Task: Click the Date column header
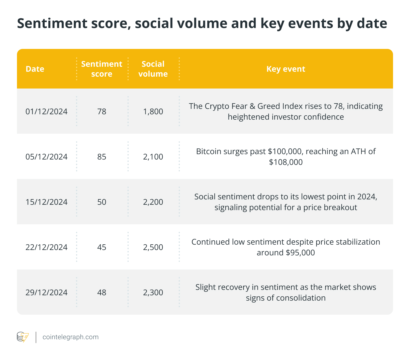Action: pyautogui.click(x=35, y=69)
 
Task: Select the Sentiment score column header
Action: pyautogui.click(x=102, y=69)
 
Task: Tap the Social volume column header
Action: pyautogui.click(x=153, y=69)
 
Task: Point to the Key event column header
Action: pyautogui.click(x=286, y=69)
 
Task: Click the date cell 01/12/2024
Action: pyautogui.click(x=46, y=111)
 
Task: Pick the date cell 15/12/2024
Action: pyautogui.click(x=46, y=202)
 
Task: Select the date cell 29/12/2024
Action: pyautogui.click(x=46, y=292)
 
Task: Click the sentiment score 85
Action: pyautogui.click(x=102, y=157)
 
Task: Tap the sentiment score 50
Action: pyautogui.click(x=102, y=202)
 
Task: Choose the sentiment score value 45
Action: pyautogui.click(x=102, y=247)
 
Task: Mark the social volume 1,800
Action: pyautogui.click(x=153, y=111)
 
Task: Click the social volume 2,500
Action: pyautogui.click(x=153, y=247)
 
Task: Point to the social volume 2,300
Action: pyautogui.click(x=153, y=292)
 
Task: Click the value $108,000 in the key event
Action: pyautogui.click(x=286, y=162)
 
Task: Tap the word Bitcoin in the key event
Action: pyautogui.click(x=208, y=152)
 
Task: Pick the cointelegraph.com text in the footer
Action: pyautogui.click(x=70, y=337)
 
